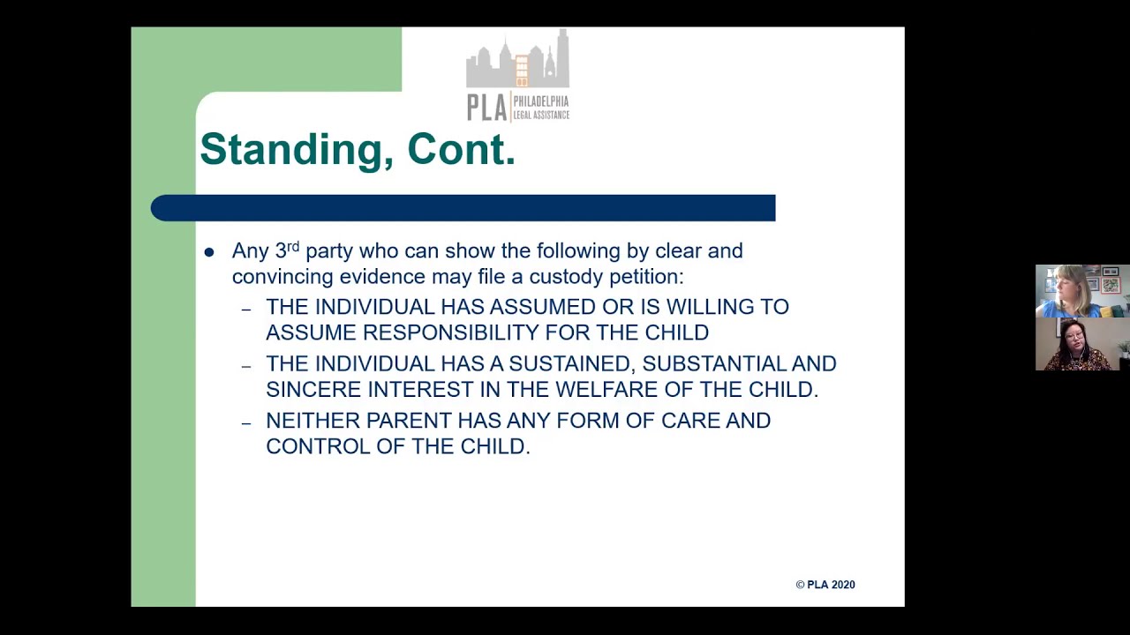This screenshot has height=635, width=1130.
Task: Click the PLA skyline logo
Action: point(517,75)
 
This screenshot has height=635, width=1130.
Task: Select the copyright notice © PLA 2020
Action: point(825,585)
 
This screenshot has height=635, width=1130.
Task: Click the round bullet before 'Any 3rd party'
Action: point(209,252)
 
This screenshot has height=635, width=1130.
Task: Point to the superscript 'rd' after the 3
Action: point(293,246)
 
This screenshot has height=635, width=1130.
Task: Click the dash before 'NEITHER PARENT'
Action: point(246,422)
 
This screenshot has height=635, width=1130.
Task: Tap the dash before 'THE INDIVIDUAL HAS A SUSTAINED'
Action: point(246,365)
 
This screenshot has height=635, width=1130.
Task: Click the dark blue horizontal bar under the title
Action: point(463,208)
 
